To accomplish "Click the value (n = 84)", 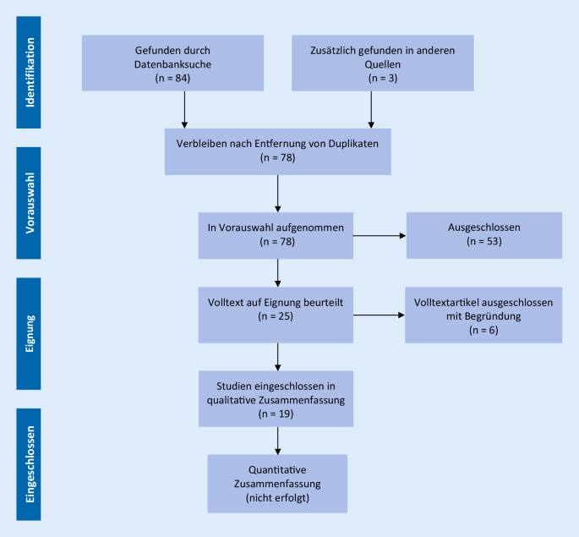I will (x=183, y=77).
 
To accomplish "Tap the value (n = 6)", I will (x=483, y=329).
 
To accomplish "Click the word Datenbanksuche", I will (x=183, y=63).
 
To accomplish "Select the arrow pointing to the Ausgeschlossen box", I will (x=379, y=236).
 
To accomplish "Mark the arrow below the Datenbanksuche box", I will (x=183, y=109).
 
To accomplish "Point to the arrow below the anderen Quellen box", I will (x=371, y=109).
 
